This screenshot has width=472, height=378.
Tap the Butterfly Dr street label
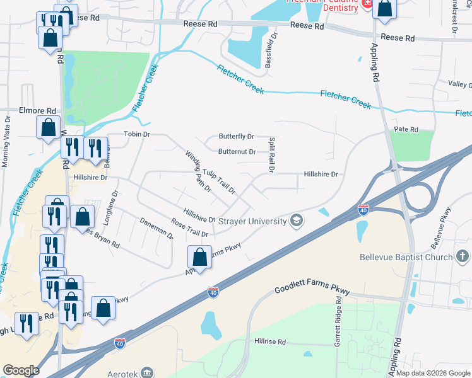coord(236,136)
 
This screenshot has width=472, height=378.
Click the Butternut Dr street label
coord(237,152)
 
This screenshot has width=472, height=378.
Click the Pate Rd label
coord(406,129)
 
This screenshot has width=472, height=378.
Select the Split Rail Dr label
coord(271,155)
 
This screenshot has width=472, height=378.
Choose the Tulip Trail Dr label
coord(218,181)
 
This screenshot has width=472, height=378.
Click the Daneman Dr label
coord(156,228)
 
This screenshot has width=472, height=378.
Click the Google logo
coord(21,370)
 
